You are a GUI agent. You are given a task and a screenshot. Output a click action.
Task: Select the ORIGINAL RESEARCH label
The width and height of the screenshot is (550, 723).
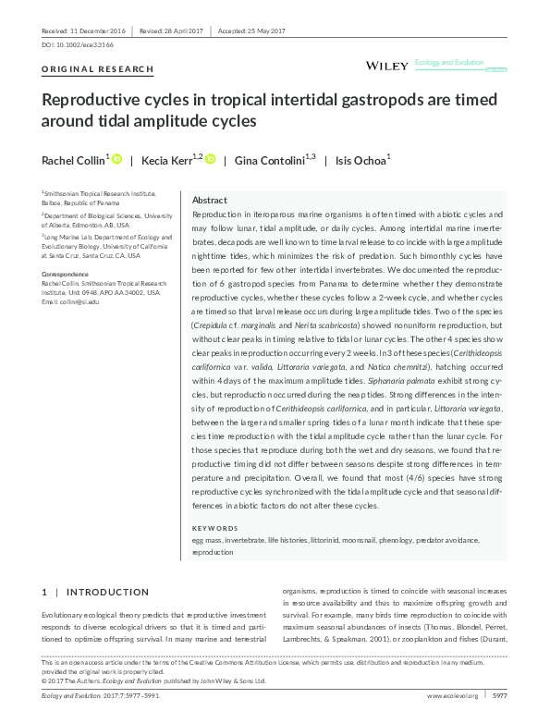point(85,69)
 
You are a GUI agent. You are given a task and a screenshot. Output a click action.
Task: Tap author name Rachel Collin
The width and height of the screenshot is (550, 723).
point(73,161)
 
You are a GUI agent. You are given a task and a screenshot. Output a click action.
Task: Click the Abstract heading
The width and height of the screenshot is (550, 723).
point(209,200)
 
